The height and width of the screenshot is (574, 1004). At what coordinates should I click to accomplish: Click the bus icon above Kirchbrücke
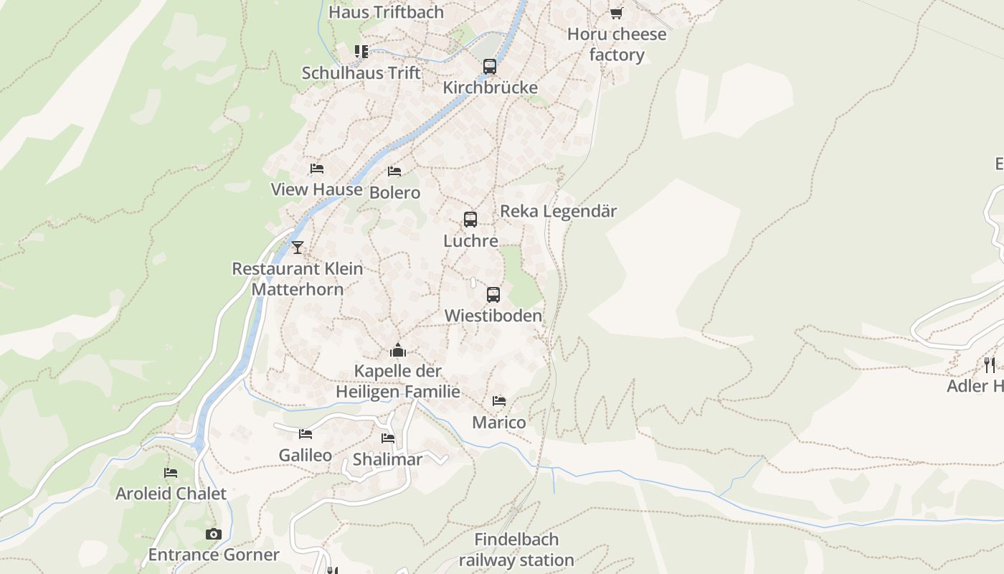click(490, 67)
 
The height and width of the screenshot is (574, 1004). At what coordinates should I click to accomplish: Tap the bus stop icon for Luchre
click(470, 220)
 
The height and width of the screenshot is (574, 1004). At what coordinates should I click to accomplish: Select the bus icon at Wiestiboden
click(493, 295)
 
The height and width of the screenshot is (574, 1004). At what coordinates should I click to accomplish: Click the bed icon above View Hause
click(317, 169)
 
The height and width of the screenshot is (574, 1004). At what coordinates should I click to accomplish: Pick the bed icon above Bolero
click(394, 171)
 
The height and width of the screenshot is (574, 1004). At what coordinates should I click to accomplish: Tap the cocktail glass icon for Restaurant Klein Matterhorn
click(298, 248)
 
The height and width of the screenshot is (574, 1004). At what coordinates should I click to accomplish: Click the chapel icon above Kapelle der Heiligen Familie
click(398, 351)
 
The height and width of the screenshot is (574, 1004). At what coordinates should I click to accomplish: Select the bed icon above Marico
click(499, 401)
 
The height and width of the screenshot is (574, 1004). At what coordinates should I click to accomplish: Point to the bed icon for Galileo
click(306, 434)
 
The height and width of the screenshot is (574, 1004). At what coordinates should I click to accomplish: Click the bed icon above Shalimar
click(388, 438)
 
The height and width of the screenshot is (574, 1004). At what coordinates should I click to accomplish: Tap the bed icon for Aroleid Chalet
click(171, 473)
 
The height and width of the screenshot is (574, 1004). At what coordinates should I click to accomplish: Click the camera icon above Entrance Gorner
click(214, 534)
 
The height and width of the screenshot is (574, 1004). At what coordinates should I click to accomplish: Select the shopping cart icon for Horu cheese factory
click(616, 13)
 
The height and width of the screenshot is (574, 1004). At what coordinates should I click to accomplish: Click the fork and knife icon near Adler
click(990, 365)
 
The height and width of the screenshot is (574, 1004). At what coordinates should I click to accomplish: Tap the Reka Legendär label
click(558, 211)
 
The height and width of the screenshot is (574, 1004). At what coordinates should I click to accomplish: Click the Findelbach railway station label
click(516, 550)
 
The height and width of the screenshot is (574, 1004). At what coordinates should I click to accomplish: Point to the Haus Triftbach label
click(386, 12)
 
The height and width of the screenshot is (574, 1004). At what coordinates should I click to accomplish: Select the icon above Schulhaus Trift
click(361, 52)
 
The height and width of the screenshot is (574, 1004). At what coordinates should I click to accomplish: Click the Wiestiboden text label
click(493, 316)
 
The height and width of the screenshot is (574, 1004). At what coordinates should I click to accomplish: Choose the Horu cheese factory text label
click(617, 44)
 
